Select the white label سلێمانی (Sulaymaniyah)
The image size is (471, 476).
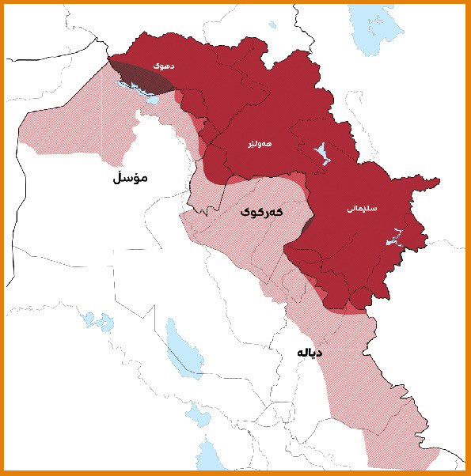363,210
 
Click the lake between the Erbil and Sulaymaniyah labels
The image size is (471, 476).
321,152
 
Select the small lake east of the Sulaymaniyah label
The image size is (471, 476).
394,238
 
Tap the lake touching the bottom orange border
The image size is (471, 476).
211,458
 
